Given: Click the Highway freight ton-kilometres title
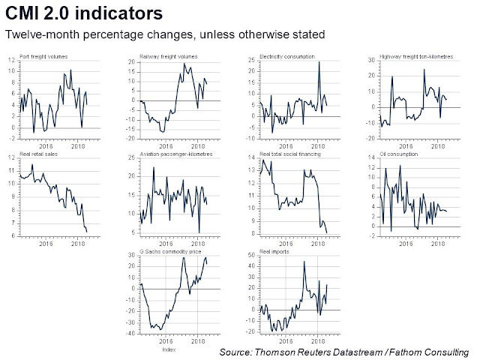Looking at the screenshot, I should tap(406, 57).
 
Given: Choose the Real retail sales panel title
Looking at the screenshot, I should tap(32, 155).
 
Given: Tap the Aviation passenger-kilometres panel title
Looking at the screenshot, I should tap(176, 154).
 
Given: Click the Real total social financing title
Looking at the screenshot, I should tap(291, 154).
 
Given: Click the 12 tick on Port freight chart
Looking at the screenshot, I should tap(11, 58).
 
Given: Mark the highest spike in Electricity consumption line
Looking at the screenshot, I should tap(319, 61).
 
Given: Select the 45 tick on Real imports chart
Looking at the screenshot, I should tap(252, 261).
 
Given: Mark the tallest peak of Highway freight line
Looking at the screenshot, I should tap(424, 70).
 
